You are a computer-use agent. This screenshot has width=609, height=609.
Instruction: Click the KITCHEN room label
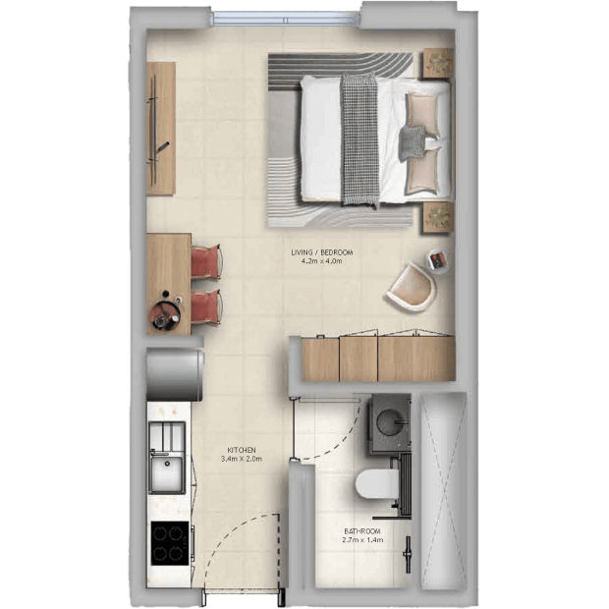point(242,450)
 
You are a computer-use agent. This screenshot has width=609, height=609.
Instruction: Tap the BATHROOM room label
point(362,531)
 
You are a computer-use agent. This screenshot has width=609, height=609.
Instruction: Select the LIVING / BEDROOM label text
point(322,252)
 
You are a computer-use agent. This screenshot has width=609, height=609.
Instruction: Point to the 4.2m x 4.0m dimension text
point(321,261)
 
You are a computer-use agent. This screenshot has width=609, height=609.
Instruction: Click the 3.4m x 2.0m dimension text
point(242,459)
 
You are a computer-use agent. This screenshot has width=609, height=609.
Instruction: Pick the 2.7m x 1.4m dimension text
point(362,540)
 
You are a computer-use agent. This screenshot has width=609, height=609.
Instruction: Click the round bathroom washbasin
point(390,421)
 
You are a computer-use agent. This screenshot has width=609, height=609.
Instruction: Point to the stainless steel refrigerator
point(175,374)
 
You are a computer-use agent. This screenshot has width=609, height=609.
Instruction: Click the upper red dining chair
point(206,261)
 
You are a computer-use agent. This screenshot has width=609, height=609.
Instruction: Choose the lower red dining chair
point(206,306)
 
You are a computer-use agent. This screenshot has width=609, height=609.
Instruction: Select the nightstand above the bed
point(438,63)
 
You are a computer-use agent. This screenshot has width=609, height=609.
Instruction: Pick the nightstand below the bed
point(438,217)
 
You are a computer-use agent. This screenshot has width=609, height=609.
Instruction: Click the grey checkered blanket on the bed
point(360,139)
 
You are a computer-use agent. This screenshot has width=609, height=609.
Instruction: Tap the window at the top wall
point(286,19)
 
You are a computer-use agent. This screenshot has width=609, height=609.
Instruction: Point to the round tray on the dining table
point(166,314)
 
